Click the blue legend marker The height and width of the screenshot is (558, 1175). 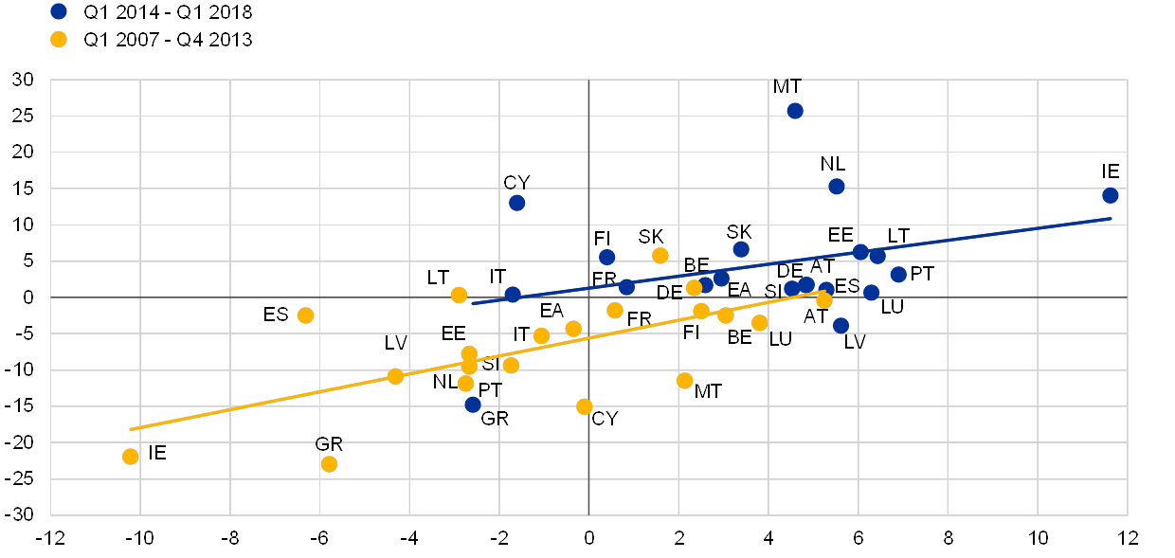click(x=59, y=11)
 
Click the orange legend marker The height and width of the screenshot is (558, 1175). click(x=59, y=40)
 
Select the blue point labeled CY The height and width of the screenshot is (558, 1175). click(x=516, y=203)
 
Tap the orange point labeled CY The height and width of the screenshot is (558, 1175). click(x=585, y=406)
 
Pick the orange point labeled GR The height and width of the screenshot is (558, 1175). click(x=329, y=464)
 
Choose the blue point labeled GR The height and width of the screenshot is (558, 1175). click(x=473, y=405)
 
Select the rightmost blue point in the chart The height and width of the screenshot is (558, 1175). click(x=1111, y=195)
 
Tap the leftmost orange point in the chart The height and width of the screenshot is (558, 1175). click(x=131, y=457)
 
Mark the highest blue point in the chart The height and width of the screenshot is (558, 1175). click(x=795, y=111)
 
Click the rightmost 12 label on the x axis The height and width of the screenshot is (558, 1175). click(x=1126, y=537)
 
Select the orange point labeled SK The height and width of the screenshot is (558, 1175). click(x=660, y=256)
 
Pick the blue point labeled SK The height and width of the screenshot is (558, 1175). click(x=741, y=249)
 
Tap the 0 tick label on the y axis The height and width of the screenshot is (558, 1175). click(x=28, y=297)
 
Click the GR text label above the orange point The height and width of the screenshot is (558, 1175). click(x=329, y=444)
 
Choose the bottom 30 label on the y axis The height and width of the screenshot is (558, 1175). click(x=23, y=514)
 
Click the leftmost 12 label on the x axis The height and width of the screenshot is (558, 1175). click(x=53, y=537)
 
